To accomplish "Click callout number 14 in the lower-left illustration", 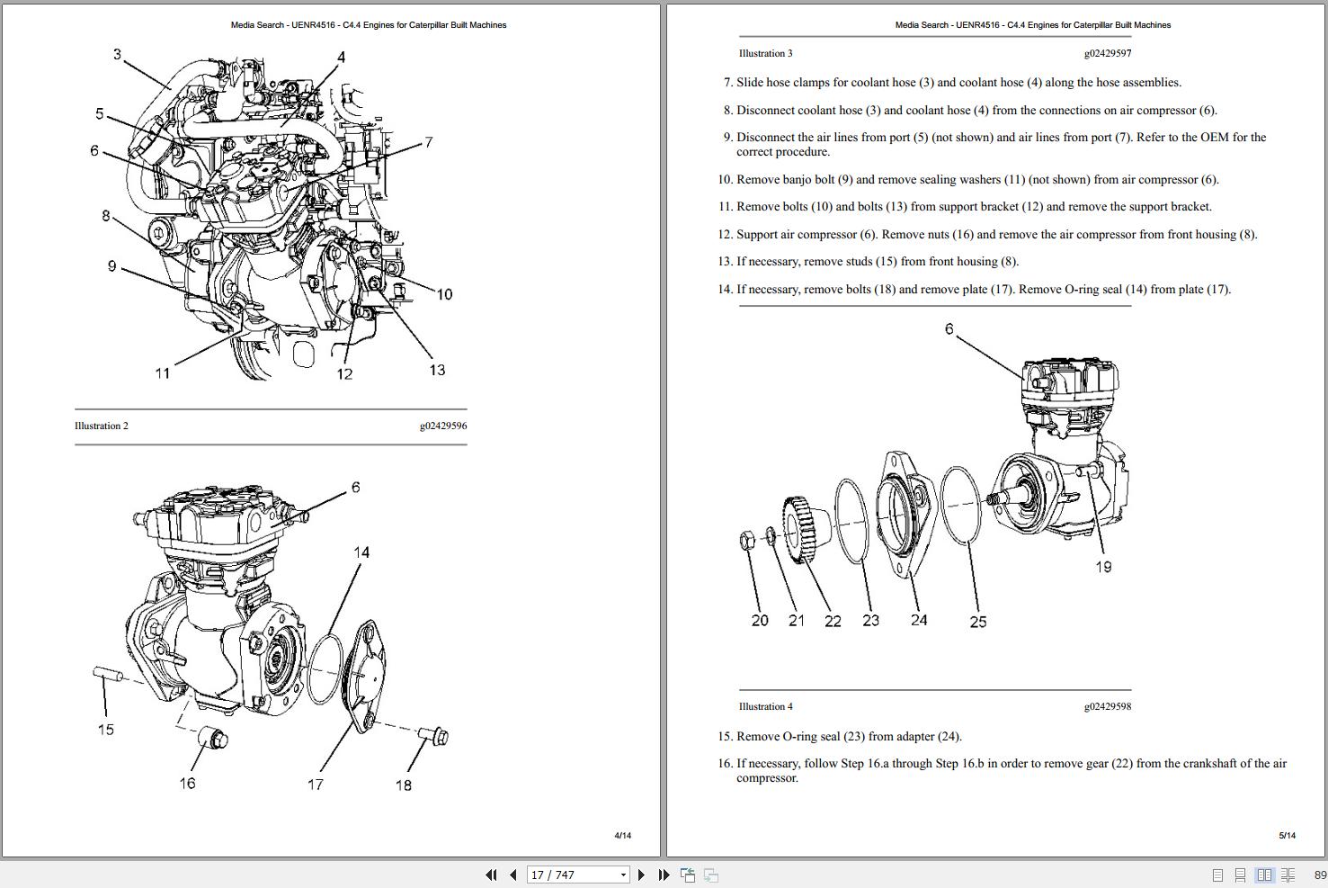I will (x=361, y=552).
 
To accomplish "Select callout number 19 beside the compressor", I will (x=1103, y=567).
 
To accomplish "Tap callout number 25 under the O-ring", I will (x=978, y=622).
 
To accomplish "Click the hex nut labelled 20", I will (x=746, y=540).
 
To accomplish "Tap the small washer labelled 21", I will (x=771, y=536).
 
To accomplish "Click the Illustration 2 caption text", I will (x=102, y=426).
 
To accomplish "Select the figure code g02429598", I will (x=1107, y=706).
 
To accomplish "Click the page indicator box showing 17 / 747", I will (x=578, y=875).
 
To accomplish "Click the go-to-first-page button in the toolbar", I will (x=491, y=875).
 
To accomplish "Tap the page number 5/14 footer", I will (x=1287, y=835).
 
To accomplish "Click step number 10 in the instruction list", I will (x=725, y=180).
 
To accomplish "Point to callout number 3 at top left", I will (x=117, y=55).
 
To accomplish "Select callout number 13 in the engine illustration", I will (x=437, y=370).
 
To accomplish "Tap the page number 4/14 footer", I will (x=622, y=835).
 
